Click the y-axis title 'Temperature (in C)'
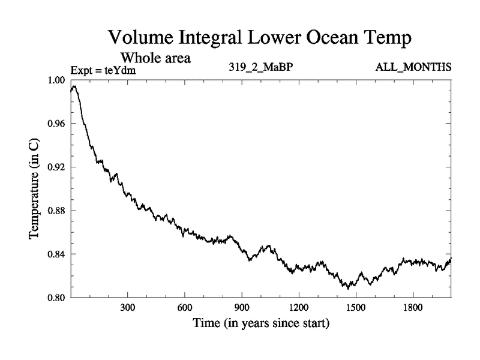click(35, 189)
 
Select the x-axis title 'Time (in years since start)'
click(261, 324)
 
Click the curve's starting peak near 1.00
click(74, 87)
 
